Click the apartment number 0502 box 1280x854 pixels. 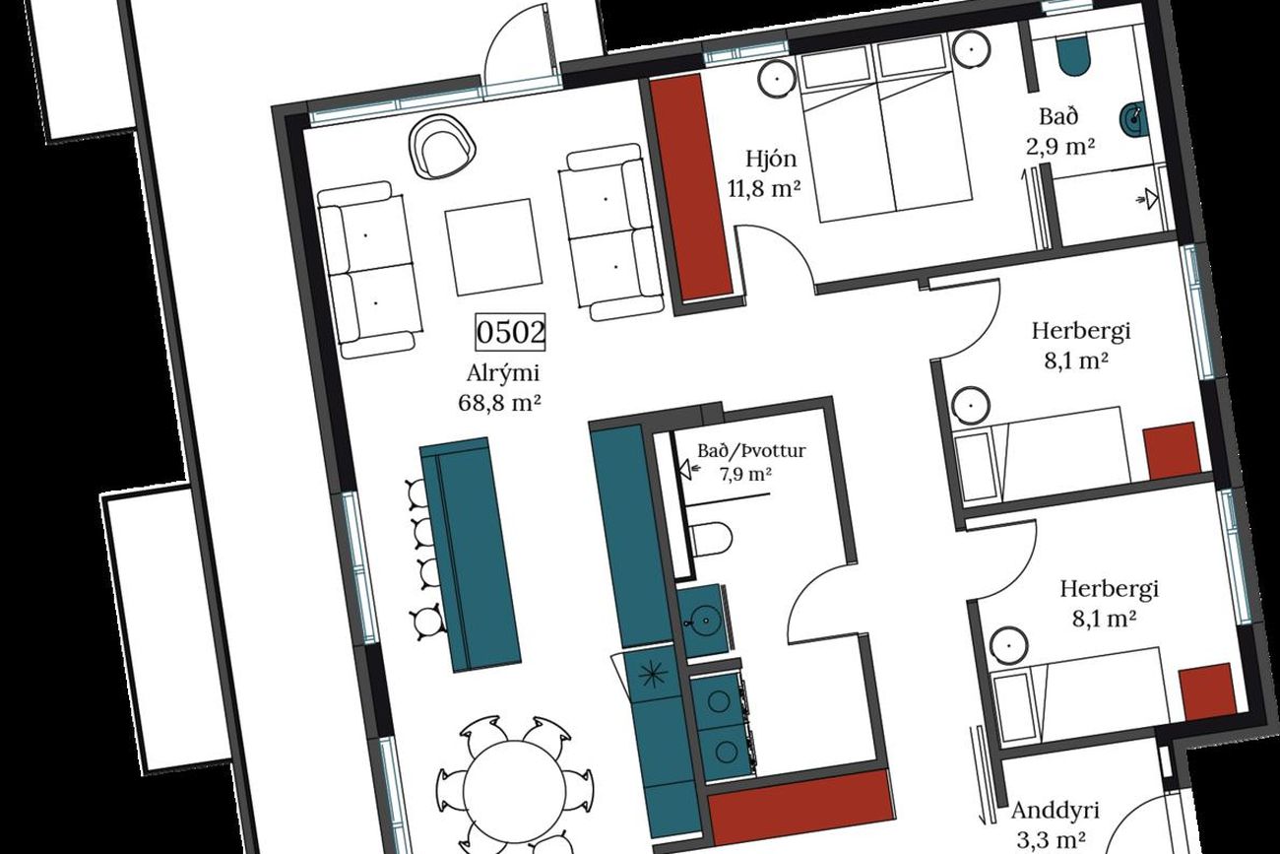510,332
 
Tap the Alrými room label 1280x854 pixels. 503,374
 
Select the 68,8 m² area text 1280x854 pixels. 499,403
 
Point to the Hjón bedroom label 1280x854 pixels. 771,159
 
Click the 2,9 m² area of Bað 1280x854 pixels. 1060,147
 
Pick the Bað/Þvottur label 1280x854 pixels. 751,451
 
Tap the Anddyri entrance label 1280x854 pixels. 1056,811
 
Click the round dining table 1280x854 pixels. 514,792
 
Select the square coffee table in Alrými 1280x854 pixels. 494,247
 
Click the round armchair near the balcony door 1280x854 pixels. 443,147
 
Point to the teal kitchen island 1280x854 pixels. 471,555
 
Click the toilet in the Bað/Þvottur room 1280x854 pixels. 712,539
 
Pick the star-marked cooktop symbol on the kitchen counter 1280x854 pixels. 652,676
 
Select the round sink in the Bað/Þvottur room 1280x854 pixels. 706,621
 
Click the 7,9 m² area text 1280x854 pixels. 745,475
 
